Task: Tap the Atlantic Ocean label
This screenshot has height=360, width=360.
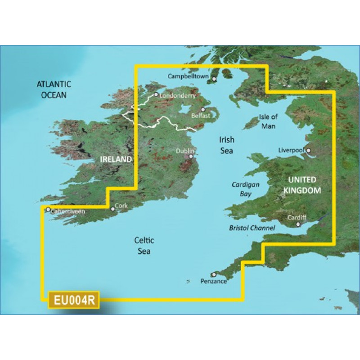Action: tap(54, 89)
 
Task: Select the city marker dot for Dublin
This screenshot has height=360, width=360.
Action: tap(191, 157)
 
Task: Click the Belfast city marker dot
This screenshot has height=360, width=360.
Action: tap(203, 109)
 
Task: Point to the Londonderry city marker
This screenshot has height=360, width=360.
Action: tap(156, 95)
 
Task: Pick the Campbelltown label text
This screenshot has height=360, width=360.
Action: tap(188, 77)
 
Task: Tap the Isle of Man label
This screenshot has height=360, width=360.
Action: tap(268, 121)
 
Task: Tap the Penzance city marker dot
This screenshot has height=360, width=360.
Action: tap(214, 274)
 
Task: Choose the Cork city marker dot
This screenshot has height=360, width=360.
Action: tap(112, 209)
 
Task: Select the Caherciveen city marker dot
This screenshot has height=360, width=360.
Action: tap(48, 209)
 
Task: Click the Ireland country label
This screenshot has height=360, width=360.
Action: tap(116, 159)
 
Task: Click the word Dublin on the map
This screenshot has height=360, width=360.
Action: tap(185, 151)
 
